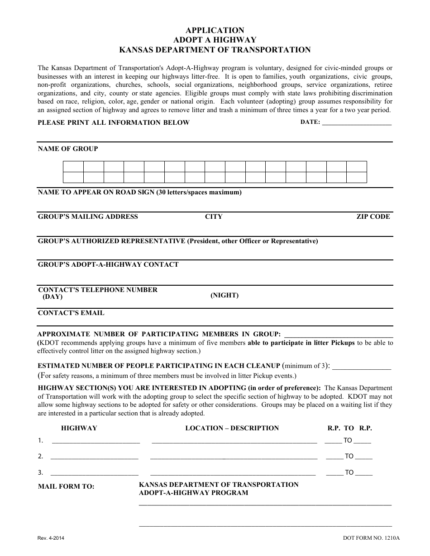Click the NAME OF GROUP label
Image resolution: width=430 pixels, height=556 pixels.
pyautogui.click(x=68, y=149)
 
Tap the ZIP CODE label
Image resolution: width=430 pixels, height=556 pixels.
pyautogui.click(x=373, y=217)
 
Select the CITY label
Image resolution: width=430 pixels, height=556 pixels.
pyautogui.click(x=214, y=217)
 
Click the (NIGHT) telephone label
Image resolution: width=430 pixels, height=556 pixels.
pyautogui.click(x=225, y=295)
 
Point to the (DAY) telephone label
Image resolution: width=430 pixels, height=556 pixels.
pyautogui.click(x=53, y=297)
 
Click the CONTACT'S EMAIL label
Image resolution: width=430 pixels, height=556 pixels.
pyautogui.click(x=71, y=313)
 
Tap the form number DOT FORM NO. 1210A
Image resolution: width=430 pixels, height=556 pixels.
pyautogui.click(x=372, y=538)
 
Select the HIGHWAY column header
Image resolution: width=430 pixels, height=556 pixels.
pyautogui.click(x=79, y=428)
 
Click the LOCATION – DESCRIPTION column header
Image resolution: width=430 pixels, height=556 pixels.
pyautogui.click(x=232, y=428)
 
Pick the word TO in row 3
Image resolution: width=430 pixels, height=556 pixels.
pyautogui.click(x=349, y=472)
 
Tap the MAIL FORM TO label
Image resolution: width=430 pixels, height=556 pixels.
pyautogui.click(x=66, y=486)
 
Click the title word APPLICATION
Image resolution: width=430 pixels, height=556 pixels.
pyautogui.click(x=215, y=30)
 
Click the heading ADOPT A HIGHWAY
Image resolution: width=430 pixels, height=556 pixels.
pyautogui.click(x=215, y=40)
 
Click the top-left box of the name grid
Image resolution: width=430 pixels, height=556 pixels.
pyautogui.click(x=73, y=166)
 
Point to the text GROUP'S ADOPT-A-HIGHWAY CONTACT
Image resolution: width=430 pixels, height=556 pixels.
pyautogui.click(x=108, y=264)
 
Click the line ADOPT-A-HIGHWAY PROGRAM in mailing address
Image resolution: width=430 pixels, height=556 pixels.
pyautogui.click(x=194, y=493)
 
